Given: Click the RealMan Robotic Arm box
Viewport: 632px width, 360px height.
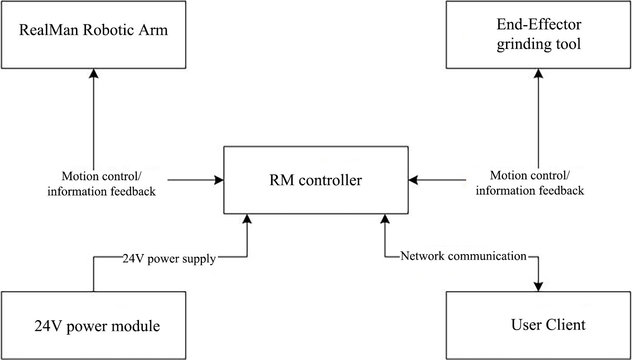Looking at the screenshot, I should coord(93,34).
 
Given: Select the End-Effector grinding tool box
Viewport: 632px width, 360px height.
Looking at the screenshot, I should coord(538,34).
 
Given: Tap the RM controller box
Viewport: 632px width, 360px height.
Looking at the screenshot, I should coord(316,180).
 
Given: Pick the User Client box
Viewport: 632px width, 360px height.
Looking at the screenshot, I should coord(538,325).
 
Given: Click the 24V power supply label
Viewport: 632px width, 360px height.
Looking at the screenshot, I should coord(168,259).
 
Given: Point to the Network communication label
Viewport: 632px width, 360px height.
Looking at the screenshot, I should coord(463,256).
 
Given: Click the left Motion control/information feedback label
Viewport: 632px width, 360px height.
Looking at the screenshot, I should coord(101,184).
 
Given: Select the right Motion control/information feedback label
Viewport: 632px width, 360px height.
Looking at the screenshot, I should coord(530,183).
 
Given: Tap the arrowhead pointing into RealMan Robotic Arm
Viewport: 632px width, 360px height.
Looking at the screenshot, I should coord(93,73).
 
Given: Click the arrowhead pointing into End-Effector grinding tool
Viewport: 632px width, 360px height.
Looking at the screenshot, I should coord(539,73).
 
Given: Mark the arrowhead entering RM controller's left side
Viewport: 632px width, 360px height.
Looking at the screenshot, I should coord(218,179).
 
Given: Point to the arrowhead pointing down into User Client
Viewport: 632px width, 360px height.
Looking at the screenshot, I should coord(538,287).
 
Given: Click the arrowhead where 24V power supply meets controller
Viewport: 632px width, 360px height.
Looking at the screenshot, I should coord(247,219).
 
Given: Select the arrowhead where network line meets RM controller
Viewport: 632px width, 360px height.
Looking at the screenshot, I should coord(385,219).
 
